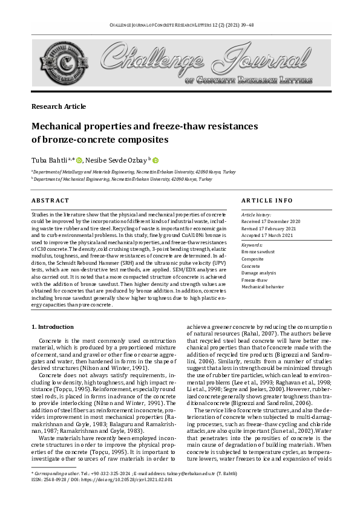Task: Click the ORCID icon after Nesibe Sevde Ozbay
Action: click(x=155, y=160)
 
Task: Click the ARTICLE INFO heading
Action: click(x=267, y=200)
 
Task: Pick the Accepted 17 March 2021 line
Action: click(x=267, y=235)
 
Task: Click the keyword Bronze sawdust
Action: click(x=258, y=251)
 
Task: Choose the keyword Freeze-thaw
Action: click(x=255, y=280)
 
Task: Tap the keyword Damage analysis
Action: click(x=260, y=273)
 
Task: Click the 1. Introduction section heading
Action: click(x=52, y=327)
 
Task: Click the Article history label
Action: click(x=257, y=215)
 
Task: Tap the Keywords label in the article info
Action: click(x=252, y=244)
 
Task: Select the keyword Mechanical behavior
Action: click(x=263, y=287)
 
